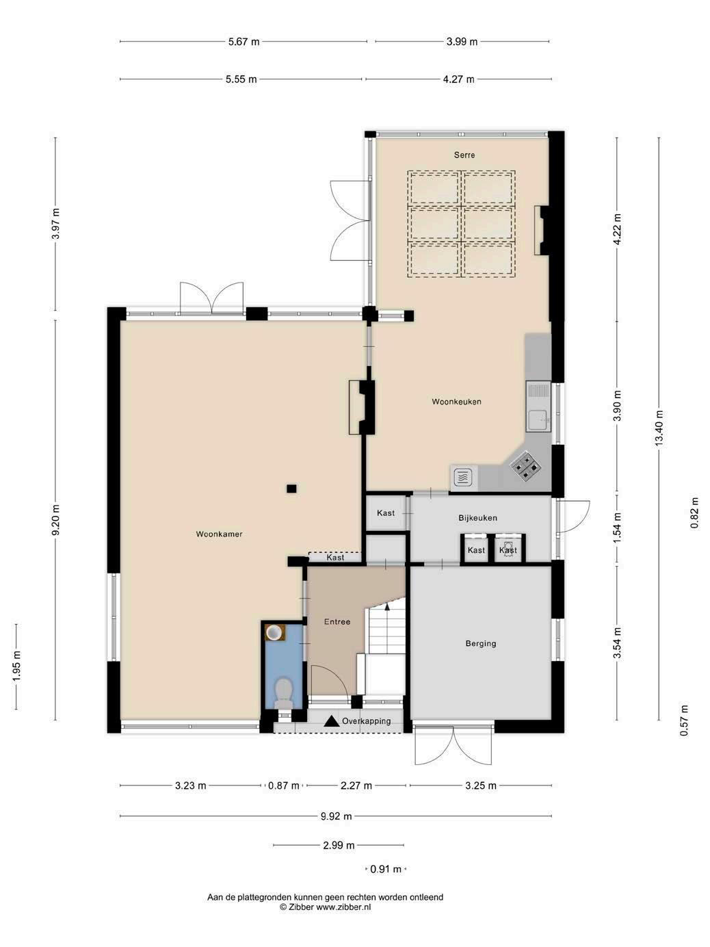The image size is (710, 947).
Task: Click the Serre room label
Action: (464, 155)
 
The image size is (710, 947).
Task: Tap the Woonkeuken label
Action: (456, 402)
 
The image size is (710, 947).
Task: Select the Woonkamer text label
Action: (219, 534)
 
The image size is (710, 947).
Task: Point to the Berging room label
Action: (481, 643)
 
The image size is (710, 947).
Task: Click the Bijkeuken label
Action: (477, 518)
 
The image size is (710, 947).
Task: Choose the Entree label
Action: (337, 622)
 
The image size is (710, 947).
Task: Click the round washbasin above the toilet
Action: (274, 633)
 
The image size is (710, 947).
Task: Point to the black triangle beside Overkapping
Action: (331, 721)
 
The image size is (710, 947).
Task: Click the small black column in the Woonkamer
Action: (291, 489)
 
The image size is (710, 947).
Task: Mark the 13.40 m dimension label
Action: (659, 428)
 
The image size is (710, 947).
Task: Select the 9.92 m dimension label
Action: (337, 816)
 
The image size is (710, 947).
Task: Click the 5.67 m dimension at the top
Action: (244, 42)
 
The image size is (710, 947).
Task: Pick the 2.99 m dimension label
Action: (339, 845)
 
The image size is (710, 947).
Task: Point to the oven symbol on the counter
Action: (462, 478)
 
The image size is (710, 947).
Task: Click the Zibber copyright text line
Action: (325, 907)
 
